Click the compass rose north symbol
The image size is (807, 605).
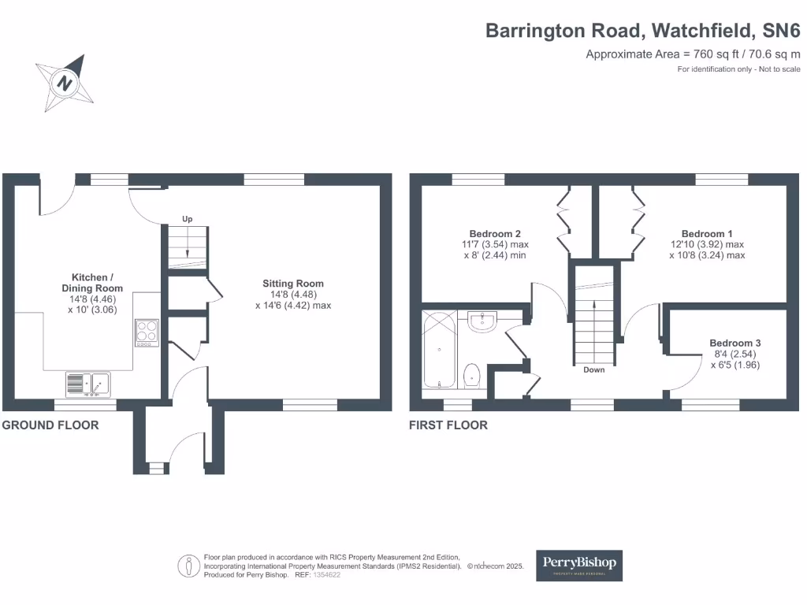tap(65, 83)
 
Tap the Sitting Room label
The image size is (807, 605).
tap(293, 284)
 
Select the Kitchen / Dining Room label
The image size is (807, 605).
tap(92, 283)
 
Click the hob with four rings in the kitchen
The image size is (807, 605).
tap(147, 333)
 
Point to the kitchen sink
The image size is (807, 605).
tap(88, 384)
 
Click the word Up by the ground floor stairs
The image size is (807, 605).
tap(188, 219)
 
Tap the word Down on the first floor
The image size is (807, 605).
tap(594, 370)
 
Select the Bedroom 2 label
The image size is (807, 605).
tap(495, 233)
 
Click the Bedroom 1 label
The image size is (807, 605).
tap(707, 233)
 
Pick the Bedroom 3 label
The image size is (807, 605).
tap(735, 343)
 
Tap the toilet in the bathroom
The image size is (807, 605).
tap(472, 376)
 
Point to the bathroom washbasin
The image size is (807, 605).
tap(482, 321)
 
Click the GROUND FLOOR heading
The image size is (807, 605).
tap(50, 425)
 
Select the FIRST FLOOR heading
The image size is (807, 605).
tap(448, 425)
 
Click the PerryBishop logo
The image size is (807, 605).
tap(579, 566)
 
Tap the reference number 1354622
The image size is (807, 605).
tap(327, 575)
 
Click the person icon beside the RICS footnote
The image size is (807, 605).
tap(189, 566)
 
